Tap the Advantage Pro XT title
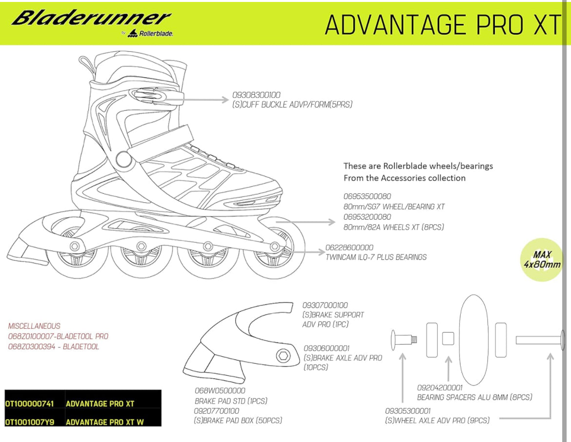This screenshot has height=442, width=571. point(443,25)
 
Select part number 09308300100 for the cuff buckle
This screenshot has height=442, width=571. point(256,95)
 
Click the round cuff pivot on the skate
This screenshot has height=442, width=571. point(124,159)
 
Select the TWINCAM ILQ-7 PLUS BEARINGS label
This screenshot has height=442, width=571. point(376,257)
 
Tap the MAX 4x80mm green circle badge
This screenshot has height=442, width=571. point(542,259)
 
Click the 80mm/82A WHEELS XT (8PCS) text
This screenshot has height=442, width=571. point(394,227)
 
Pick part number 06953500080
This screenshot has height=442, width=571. point(367,196)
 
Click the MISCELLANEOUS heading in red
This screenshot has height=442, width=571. point(34,326)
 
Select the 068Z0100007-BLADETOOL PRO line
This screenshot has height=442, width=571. point(58,337)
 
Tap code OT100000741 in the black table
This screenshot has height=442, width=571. point(29,404)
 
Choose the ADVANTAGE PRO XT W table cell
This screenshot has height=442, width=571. point(105,422)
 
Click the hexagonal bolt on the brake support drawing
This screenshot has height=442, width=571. point(283,355)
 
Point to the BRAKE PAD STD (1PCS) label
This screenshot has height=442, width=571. point(231,401)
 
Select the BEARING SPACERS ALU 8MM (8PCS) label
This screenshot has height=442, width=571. point(474,397)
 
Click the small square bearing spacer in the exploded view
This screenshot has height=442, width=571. point(448,338)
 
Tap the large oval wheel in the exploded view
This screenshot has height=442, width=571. point(474,339)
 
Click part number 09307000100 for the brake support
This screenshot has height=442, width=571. point(325,305)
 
